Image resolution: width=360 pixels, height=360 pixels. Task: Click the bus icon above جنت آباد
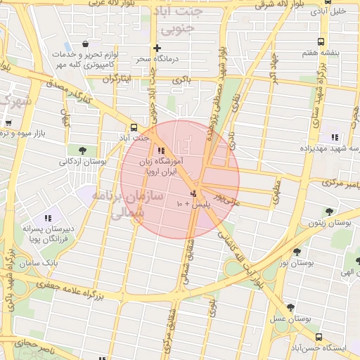click(134, 127)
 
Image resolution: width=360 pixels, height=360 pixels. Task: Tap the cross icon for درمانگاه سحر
click(157, 48)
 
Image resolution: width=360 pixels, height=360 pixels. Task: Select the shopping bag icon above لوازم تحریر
click(85, 44)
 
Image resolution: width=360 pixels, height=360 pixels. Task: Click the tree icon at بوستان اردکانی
click(84, 150)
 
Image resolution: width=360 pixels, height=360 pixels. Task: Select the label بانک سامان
click(60, 262)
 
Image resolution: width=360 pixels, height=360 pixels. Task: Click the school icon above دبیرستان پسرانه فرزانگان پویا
click(48, 218)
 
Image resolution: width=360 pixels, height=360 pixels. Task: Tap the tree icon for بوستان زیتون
click(328, 211)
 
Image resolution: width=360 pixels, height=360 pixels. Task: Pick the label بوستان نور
click(294, 262)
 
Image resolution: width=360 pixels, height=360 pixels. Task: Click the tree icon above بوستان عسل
click(290, 307)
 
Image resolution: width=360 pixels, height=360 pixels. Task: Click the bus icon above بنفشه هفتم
click(321, 41)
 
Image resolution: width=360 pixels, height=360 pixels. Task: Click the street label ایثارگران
click(117, 79)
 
